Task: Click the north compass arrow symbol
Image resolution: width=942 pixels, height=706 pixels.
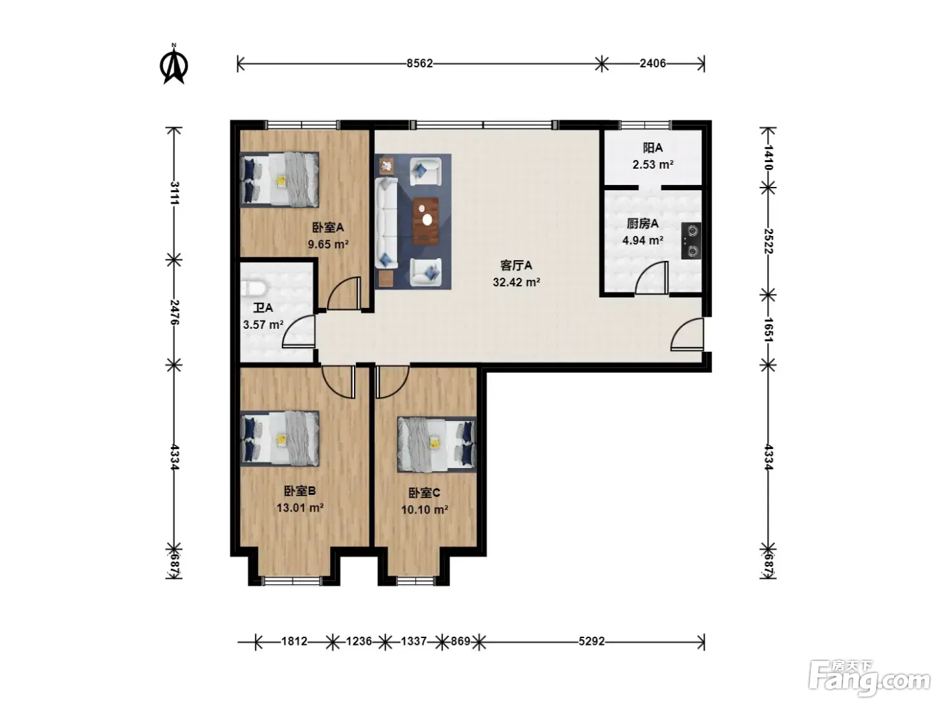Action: tap(174, 65)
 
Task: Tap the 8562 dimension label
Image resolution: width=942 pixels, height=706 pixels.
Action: tap(420, 63)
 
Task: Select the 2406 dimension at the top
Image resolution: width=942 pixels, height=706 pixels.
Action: tap(653, 63)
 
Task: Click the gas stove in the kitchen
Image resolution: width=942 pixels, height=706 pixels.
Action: tap(691, 241)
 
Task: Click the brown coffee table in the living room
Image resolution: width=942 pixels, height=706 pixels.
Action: tap(425, 221)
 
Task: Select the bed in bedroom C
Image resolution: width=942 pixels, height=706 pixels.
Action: tap(437, 444)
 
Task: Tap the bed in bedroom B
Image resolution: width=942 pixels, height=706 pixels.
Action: tap(280, 438)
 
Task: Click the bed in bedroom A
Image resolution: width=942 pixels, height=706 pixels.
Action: tap(280, 179)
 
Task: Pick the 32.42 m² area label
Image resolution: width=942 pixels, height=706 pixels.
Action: tap(516, 282)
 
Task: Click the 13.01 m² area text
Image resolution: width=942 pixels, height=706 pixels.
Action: tap(300, 508)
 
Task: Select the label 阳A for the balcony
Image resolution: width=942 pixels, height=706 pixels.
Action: tap(653, 148)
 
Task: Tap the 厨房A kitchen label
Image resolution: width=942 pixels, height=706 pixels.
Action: tap(643, 223)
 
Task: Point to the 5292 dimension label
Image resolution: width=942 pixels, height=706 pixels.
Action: tap(591, 641)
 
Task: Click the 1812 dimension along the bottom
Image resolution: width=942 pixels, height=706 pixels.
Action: tap(295, 641)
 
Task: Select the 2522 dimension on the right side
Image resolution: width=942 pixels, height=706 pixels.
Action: tap(768, 241)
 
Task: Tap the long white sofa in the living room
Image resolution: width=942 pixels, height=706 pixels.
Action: tap(386, 223)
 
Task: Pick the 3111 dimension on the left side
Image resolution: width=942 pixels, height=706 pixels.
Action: tap(174, 194)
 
